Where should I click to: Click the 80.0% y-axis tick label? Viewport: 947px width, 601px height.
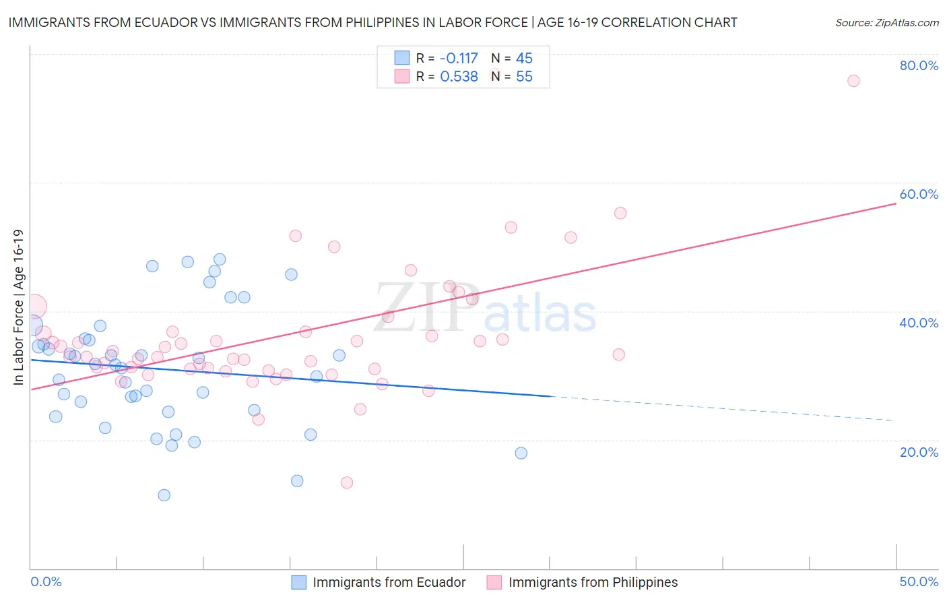coord(919,65)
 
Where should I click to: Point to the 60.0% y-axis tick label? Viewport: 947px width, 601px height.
coord(919,194)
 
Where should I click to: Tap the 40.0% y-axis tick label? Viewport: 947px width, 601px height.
coord(919,323)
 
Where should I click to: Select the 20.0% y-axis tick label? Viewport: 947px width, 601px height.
coord(919,452)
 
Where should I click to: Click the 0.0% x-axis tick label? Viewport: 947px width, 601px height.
coord(46,581)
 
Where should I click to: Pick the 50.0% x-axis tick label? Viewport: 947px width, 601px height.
coord(919,581)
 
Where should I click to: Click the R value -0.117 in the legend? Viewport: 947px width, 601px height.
coord(459,59)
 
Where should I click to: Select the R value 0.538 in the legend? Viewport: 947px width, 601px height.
coord(459,77)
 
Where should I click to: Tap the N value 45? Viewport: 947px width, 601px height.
coord(524,59)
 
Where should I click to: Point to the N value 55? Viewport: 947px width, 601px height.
coord(524,77)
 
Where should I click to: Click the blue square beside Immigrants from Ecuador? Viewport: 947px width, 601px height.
coord(299,582)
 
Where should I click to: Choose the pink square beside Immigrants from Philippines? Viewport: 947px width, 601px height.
coord(494,582)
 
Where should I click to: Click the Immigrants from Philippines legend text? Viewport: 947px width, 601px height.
coord(593,582)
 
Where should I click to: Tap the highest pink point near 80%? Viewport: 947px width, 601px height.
coord(853,81)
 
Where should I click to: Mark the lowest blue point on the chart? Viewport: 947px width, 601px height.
coord(164,495)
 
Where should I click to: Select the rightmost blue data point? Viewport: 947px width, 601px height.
coord(521,453)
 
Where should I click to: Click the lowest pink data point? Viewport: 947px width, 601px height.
coord(347,482)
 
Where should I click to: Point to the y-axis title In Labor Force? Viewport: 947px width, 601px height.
coord(18,307)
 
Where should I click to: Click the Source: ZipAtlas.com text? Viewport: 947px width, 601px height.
coord(886,23)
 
